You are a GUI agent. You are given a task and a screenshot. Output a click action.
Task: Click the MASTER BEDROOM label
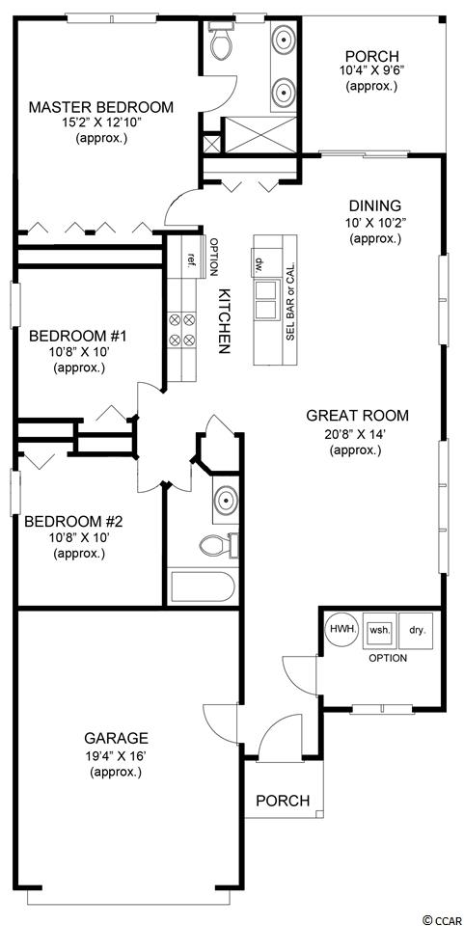[101, 107]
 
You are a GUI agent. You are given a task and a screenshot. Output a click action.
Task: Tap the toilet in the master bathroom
[221, 41]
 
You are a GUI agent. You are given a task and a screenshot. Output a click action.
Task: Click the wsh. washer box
[379, 630]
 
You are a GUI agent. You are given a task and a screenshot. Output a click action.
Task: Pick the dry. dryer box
[416, 630]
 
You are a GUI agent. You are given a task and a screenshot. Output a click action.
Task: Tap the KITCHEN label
[223, 321]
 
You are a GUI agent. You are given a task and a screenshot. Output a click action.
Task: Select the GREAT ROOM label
[357, 416]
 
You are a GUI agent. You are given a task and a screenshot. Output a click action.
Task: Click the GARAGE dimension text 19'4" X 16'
[116, 755]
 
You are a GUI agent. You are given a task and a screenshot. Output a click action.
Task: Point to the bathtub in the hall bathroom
[204, 586]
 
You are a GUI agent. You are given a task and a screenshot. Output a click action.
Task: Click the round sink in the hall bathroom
[226, 501]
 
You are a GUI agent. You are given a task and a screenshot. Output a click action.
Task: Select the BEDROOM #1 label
[78, 338]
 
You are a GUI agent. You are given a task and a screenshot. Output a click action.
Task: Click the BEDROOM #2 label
[72, 522]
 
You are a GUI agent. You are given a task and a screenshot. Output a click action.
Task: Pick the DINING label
[375, 206]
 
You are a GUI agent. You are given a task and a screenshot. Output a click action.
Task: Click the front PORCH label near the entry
[283, 801]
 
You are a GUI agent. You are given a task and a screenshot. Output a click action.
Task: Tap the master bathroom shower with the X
[259, 135]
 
